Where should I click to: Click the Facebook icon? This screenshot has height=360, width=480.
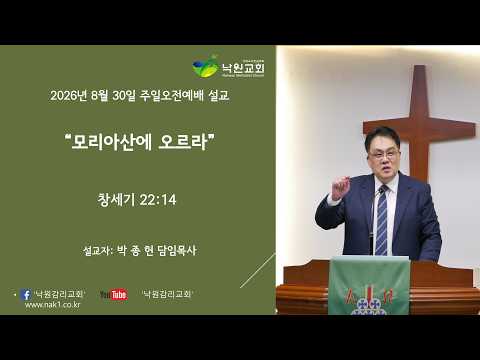click(26, 294)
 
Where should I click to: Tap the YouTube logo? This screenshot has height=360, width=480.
click(114, 294)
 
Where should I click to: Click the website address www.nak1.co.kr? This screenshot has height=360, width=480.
click(52, 305)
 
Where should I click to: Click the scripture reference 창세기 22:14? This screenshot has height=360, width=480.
click(137, 200)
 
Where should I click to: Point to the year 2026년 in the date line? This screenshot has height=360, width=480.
click(69, 96)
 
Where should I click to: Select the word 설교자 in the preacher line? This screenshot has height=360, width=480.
click(97, 251)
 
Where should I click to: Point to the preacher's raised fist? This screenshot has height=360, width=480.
click(340, 188)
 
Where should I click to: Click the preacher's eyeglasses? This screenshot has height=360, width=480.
click(384, 154)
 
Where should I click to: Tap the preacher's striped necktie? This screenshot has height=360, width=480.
click(382, 221)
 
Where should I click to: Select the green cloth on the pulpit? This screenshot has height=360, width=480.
click(369, 286)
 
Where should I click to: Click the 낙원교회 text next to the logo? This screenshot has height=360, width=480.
click(243, 68)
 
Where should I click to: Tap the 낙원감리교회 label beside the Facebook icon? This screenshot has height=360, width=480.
click(60, 294)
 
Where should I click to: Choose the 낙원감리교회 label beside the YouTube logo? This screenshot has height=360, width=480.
click(167, 294)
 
